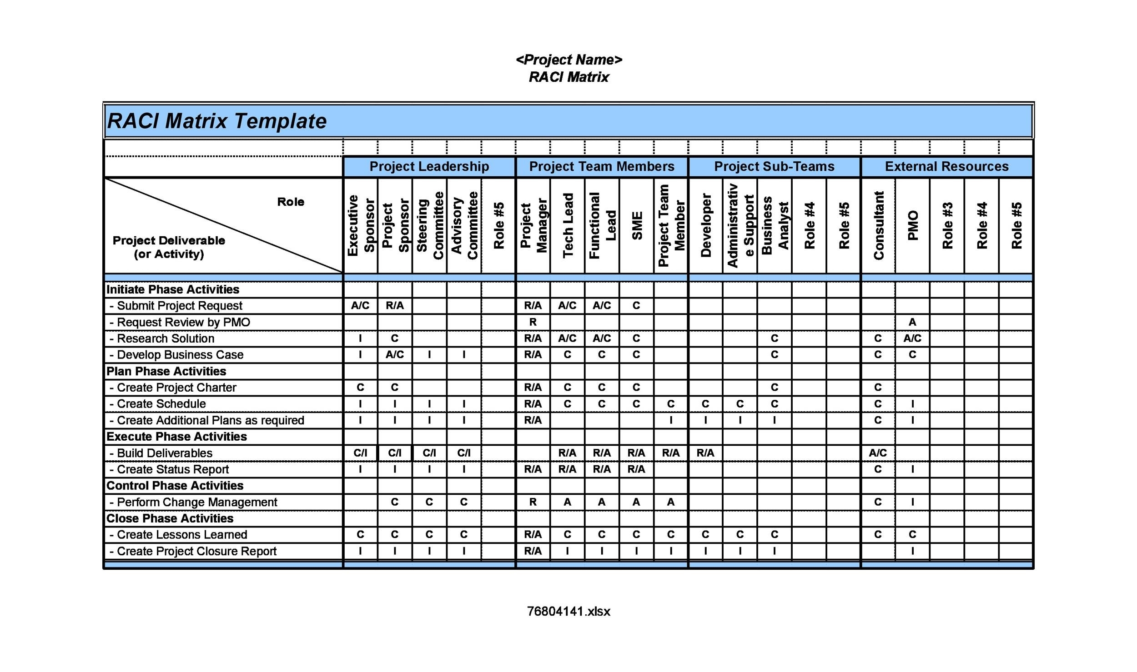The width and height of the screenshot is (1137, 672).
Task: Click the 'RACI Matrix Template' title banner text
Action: [x=216, y=121]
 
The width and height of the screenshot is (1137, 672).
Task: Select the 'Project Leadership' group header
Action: [x=429, y=167]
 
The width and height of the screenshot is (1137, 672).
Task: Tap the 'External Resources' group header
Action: [x=946, y=167]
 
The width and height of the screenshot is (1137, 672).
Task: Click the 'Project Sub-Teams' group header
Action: [x=774, y=167]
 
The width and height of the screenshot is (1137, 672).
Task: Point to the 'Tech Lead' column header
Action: [x=568, y=226]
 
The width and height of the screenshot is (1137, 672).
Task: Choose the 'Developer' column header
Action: [x=705, y=226]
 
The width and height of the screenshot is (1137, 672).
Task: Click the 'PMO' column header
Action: [x=912, y=226]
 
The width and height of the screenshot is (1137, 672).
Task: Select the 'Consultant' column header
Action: [x=878, y=226]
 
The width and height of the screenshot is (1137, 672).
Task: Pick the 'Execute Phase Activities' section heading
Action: [x=176, y=437]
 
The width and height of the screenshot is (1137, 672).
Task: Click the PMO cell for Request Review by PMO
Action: [x=912, y=323]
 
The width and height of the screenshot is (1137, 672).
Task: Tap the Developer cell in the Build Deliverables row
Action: [x=705, y=453]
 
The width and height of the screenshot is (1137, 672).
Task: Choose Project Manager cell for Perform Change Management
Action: [x=533, y=503]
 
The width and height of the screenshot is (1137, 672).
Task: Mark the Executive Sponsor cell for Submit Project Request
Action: [x=360, y=306]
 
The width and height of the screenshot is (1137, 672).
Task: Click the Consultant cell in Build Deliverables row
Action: [x=878, y=453]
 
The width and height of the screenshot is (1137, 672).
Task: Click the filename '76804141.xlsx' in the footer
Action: [x=568, y=612]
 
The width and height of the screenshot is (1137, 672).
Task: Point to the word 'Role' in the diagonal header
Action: [x=291, y=202]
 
